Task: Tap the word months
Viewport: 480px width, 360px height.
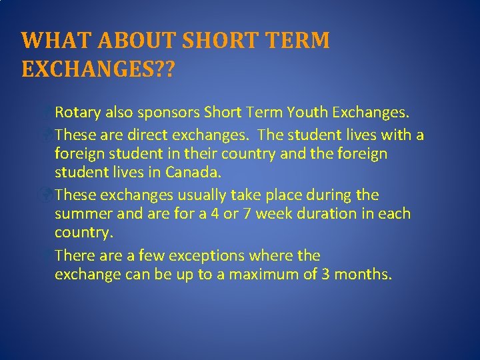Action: click(x=361, y=275)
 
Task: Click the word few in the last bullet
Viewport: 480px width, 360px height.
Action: click(x=152, y=256)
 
